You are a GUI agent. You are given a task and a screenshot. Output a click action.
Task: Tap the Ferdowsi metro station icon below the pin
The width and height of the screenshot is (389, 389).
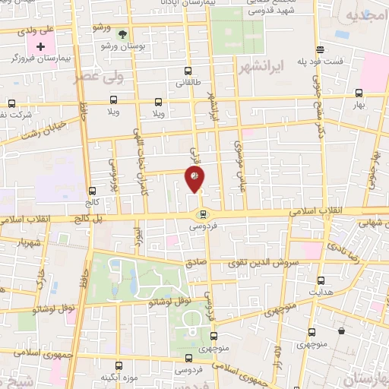click(201, 214)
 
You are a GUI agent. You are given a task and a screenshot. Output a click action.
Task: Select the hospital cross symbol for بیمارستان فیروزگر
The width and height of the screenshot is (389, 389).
click(41, 47)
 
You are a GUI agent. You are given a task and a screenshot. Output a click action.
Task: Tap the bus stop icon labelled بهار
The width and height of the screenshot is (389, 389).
click(359, 94)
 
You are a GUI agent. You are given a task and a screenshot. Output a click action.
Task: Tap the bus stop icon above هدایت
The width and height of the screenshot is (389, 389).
click(320, 280)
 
